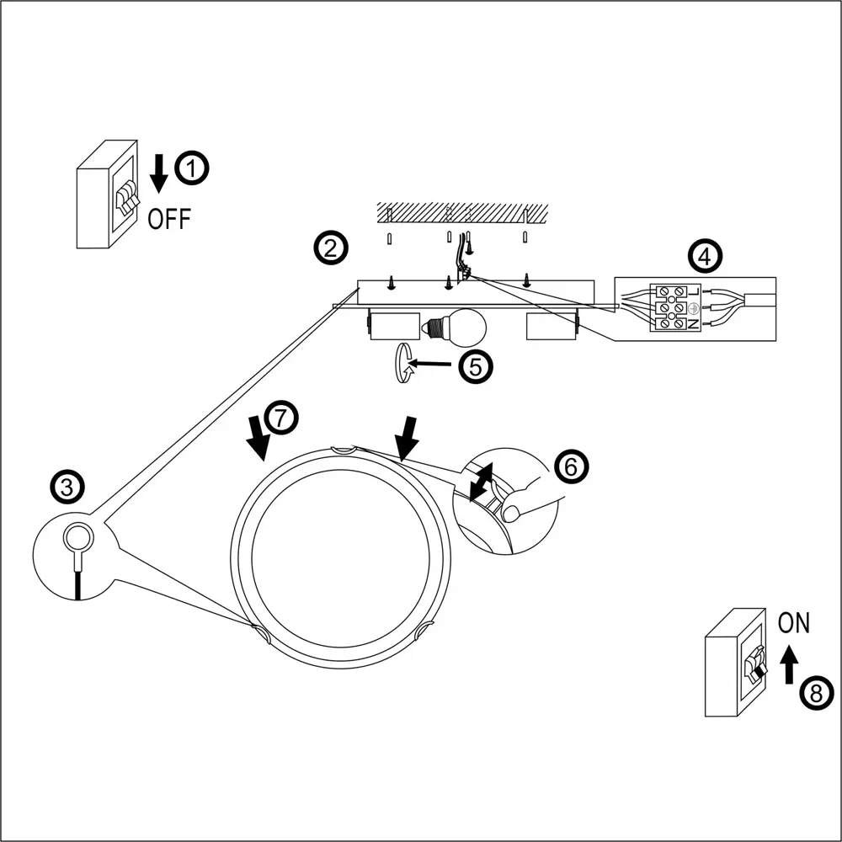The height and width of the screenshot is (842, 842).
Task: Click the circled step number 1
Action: click(x=193, y=168)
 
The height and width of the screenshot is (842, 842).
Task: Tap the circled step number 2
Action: click(x=328, y=248)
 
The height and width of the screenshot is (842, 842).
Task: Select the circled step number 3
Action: click(x=67, y=486)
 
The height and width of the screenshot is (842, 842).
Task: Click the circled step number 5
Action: click(x=475, y=367)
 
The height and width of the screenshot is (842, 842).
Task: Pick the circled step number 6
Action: click(x=570, y=467)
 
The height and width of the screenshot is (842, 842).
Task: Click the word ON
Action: click(x=793, y=624)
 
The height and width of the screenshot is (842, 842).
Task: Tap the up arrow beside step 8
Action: click(x=789, y=664)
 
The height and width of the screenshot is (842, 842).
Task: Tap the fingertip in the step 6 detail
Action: click(x=511, y=511)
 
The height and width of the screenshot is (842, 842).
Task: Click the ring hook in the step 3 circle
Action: click(x=78, y=536)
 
